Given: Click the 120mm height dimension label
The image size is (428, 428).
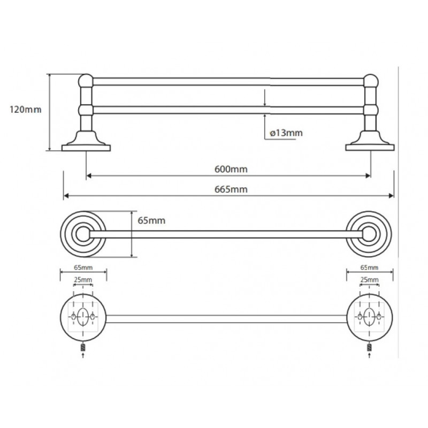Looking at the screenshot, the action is [x=25, y=110].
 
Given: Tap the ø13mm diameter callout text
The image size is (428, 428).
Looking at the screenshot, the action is [x=286, y=133].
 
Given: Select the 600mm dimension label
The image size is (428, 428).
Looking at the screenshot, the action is [x=231, y=169].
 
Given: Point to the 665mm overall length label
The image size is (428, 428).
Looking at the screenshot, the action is [x=231, y=189].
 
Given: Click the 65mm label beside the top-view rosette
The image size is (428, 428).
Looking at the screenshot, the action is [x=151, y=220].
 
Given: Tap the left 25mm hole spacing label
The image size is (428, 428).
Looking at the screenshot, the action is [x=83, y=280].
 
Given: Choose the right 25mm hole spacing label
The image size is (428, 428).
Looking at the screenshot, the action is [x=369, y=280].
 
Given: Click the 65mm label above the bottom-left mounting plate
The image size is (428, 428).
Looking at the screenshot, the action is [x=83, y=267].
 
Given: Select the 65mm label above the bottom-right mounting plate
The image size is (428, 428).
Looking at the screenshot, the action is [x=369, y=267].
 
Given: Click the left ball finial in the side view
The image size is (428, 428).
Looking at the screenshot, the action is [x=86, y=81].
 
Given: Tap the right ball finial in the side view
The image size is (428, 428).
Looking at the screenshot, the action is [x=371, y=81].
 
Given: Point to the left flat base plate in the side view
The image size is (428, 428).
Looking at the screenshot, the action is [x=86, y=148].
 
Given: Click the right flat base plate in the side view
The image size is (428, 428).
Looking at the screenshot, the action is [x=370, y=148].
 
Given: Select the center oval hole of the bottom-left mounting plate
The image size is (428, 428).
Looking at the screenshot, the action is [x=83, y=317].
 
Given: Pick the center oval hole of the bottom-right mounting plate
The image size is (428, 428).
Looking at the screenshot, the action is [x=369, y=317].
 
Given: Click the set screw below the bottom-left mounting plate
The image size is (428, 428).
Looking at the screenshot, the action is [x=83, y=348].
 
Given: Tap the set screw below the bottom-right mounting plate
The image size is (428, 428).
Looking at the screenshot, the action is [x=369, y=348].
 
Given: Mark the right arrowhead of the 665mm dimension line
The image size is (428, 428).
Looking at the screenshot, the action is [x=392, y=196].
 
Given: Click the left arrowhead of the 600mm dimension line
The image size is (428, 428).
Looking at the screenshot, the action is [x=89, y=176].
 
